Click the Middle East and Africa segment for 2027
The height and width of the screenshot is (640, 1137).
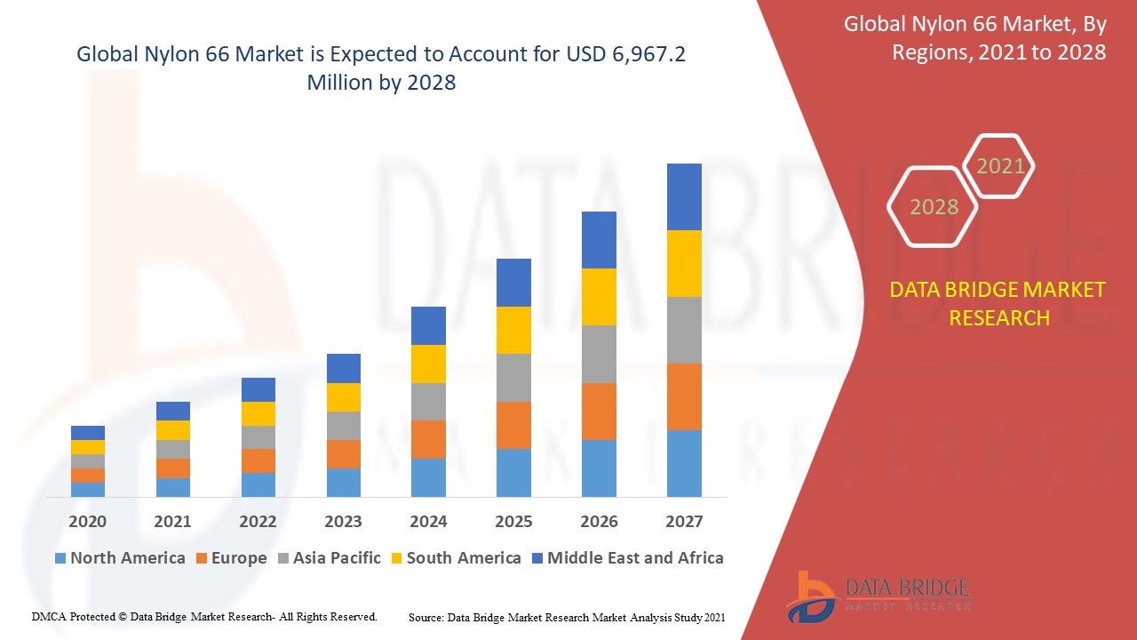point(684,196)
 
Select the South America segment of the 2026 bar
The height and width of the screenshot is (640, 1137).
point(599,296)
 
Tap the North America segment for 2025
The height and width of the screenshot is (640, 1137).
point(513,472)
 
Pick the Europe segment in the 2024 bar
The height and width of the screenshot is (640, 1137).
point(428,439)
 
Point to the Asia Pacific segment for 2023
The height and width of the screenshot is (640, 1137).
point(344,425)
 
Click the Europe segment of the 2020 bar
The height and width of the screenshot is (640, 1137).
point(88,476)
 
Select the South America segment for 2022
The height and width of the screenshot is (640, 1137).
point(258,413)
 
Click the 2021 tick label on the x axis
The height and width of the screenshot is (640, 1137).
point(172,521)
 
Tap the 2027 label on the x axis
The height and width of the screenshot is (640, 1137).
point(684,521)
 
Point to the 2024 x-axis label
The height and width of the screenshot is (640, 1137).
point(428,521)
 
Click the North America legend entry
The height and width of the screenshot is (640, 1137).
point(120,558)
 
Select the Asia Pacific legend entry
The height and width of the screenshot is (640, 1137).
point(329,558)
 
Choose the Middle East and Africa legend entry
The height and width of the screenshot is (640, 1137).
point(626,558)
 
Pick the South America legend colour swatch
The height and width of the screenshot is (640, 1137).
point(396,559)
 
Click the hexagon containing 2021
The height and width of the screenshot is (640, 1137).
point(1000,166)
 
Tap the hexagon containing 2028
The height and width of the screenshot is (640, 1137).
point(934,206)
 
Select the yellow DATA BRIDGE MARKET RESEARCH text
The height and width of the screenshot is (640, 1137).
point(998,303)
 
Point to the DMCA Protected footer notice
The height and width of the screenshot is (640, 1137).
point(204,616)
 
